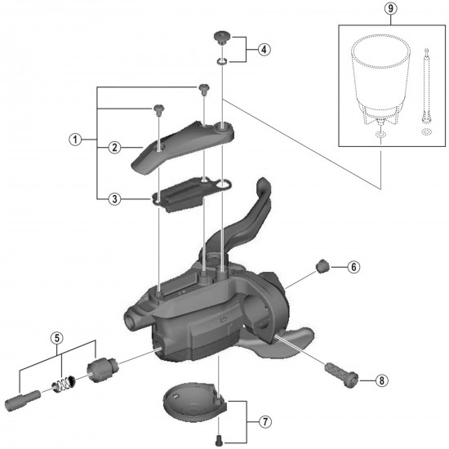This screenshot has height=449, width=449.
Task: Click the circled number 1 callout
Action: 73,140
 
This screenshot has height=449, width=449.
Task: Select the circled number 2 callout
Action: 116,147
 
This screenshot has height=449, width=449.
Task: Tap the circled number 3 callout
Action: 116,198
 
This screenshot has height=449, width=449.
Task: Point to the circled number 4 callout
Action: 263,47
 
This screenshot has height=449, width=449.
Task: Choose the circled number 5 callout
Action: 56,336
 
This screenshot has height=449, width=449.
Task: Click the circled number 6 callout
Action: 353,266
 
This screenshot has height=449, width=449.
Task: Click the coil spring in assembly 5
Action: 64,380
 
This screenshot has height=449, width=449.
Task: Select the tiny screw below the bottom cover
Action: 220,440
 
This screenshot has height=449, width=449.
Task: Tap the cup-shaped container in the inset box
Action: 376,78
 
